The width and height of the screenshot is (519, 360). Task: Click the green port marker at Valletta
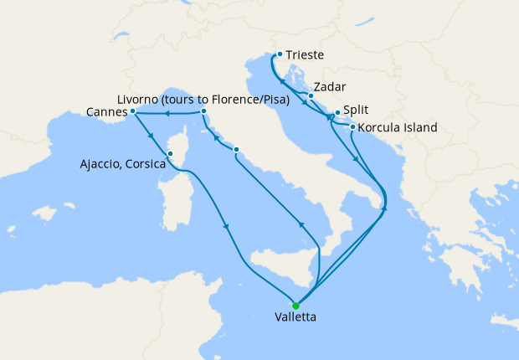click(295, 306)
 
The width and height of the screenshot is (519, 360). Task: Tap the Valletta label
click(295, 318)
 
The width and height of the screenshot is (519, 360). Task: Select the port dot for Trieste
click(279, 54)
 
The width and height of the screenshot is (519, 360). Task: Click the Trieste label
click(305, 55)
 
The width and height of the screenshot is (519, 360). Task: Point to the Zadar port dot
click(311, 95)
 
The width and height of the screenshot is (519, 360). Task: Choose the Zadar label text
click(329, 87)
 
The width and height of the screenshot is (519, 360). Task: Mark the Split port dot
click(337, 113)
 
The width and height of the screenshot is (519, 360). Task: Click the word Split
click(356, 110)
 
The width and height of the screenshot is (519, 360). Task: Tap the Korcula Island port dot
click(352, 127)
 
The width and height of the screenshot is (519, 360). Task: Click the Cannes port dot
click(133, 111)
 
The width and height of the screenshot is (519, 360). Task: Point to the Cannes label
click(107, 111)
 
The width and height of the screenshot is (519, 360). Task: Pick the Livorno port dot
click(203, 111)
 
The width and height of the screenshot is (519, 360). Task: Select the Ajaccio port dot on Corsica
click(170, 153)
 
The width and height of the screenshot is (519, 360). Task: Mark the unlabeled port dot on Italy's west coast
click(237, 151)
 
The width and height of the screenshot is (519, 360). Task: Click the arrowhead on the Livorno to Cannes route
click(167, 113)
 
